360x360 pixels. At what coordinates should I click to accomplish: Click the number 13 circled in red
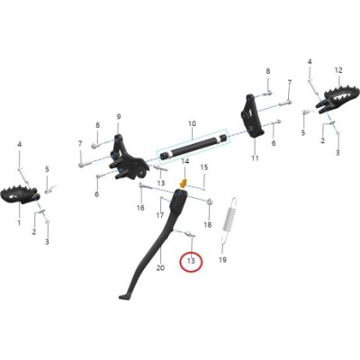tap(191, 261)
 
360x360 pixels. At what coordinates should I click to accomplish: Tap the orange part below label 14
tap(183, 183)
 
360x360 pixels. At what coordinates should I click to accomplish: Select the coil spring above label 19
tap(229, 220)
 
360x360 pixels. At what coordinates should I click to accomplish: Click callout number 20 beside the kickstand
tap(161, 267)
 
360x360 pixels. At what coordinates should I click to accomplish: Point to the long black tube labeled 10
tap(193, 146)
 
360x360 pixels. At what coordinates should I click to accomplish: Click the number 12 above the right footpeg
tap(338, 70)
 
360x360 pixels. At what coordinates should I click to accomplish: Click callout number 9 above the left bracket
tap(119, 116)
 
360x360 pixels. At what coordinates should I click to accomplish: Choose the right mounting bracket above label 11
tap(251, 116)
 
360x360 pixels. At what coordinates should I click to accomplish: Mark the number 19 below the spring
tap(222, 260)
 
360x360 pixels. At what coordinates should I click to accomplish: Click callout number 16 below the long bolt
tap(140, 208)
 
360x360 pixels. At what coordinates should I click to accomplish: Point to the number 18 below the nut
tap(208, 224)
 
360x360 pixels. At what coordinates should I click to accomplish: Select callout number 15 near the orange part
tap(204, 167)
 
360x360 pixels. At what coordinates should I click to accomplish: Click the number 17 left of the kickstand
tap(160, 215)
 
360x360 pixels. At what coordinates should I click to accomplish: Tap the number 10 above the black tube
tap(192, 123)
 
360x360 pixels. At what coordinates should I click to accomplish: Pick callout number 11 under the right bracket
tap(255, 157)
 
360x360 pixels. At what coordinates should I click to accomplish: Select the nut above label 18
tap(210, 202)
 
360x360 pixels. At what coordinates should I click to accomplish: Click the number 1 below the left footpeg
tap(19, 222)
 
